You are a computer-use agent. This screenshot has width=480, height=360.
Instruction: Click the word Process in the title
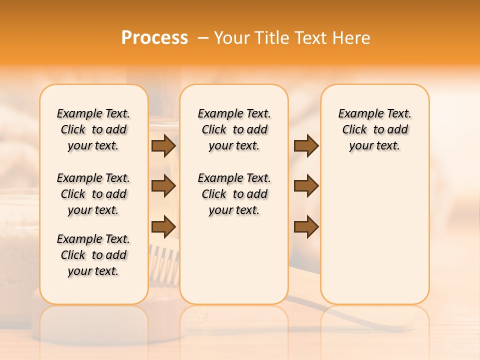[x=154, y=37]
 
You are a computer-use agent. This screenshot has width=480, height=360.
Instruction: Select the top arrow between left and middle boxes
[x=163, y=145]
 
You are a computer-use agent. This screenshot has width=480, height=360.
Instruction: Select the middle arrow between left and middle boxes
[x=163, y=186]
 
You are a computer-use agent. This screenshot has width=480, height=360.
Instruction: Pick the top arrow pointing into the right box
[x=306, y=145]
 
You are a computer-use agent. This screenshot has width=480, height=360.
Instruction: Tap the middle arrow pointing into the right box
[x=306, y=186]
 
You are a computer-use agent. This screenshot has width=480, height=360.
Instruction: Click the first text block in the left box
[x=93, y=129]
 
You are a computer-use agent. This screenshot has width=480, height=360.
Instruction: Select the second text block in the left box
[x=93, y=194]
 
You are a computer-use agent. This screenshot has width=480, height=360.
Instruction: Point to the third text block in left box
[x=93, y=255]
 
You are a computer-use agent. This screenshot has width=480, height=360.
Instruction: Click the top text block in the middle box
[x=234, y=129]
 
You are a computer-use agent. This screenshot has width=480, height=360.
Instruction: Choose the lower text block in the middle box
[x=234, y=194]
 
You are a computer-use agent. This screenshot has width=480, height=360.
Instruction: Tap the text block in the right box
[x=374, y=129]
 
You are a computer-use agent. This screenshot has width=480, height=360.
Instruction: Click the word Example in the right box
[x=356, y=114]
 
